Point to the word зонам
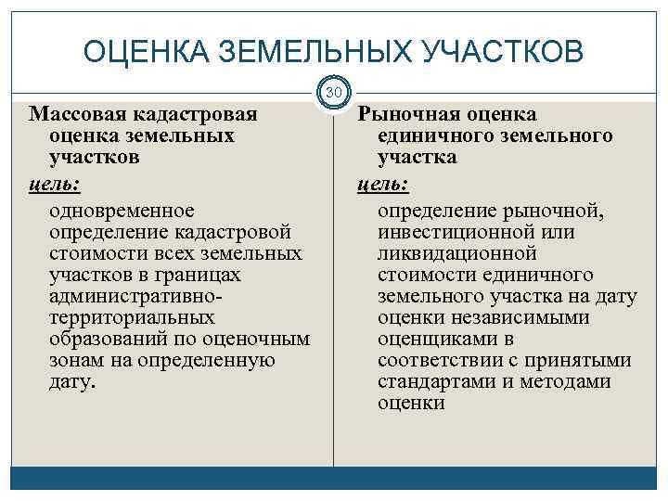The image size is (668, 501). pos(74,360)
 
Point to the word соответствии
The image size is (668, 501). pos(441,360)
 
